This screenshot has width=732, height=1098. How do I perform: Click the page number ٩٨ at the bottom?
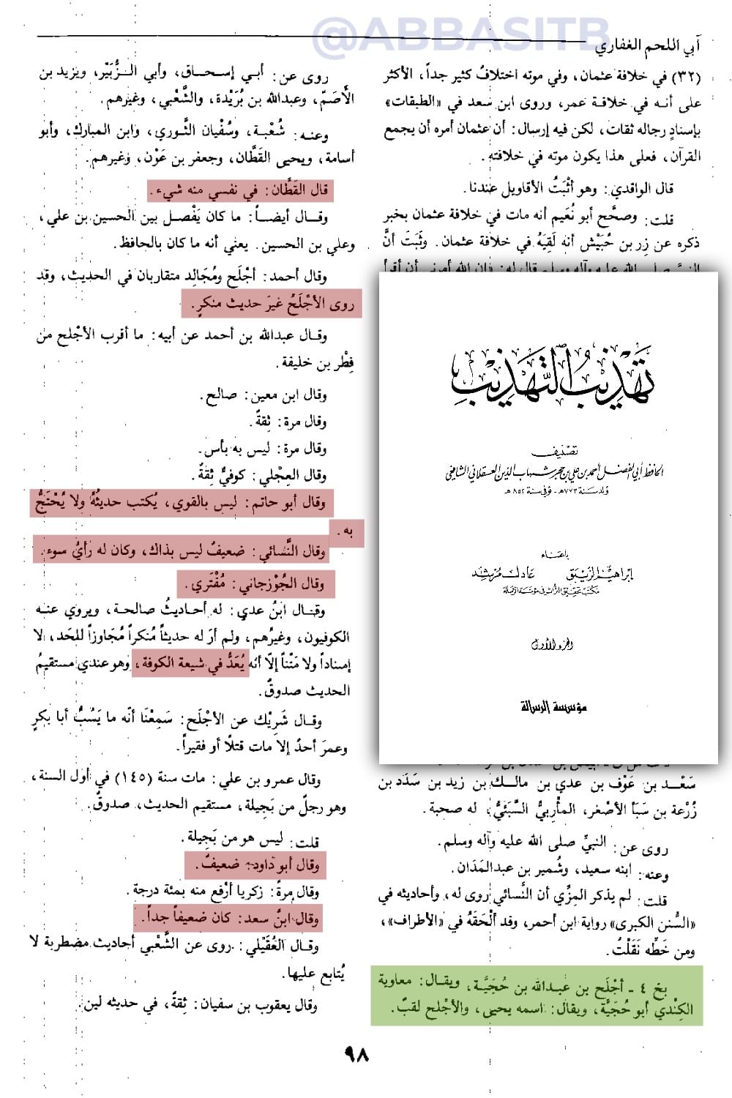(x=356, y=1054)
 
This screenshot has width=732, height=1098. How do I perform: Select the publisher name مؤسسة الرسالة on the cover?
(x=553, y=706)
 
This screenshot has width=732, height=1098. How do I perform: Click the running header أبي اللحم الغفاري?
(x=648, y=49)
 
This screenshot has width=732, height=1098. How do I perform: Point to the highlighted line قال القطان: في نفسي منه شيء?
(x=239, y=190)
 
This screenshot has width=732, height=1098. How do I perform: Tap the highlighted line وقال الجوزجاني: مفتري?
(x=255, y=583)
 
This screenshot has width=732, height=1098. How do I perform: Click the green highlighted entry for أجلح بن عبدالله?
(x=537, y=996)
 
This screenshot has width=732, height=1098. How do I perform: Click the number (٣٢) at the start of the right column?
(x=687, y=77)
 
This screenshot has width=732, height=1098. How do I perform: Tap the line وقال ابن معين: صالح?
(x=264, y=395)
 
